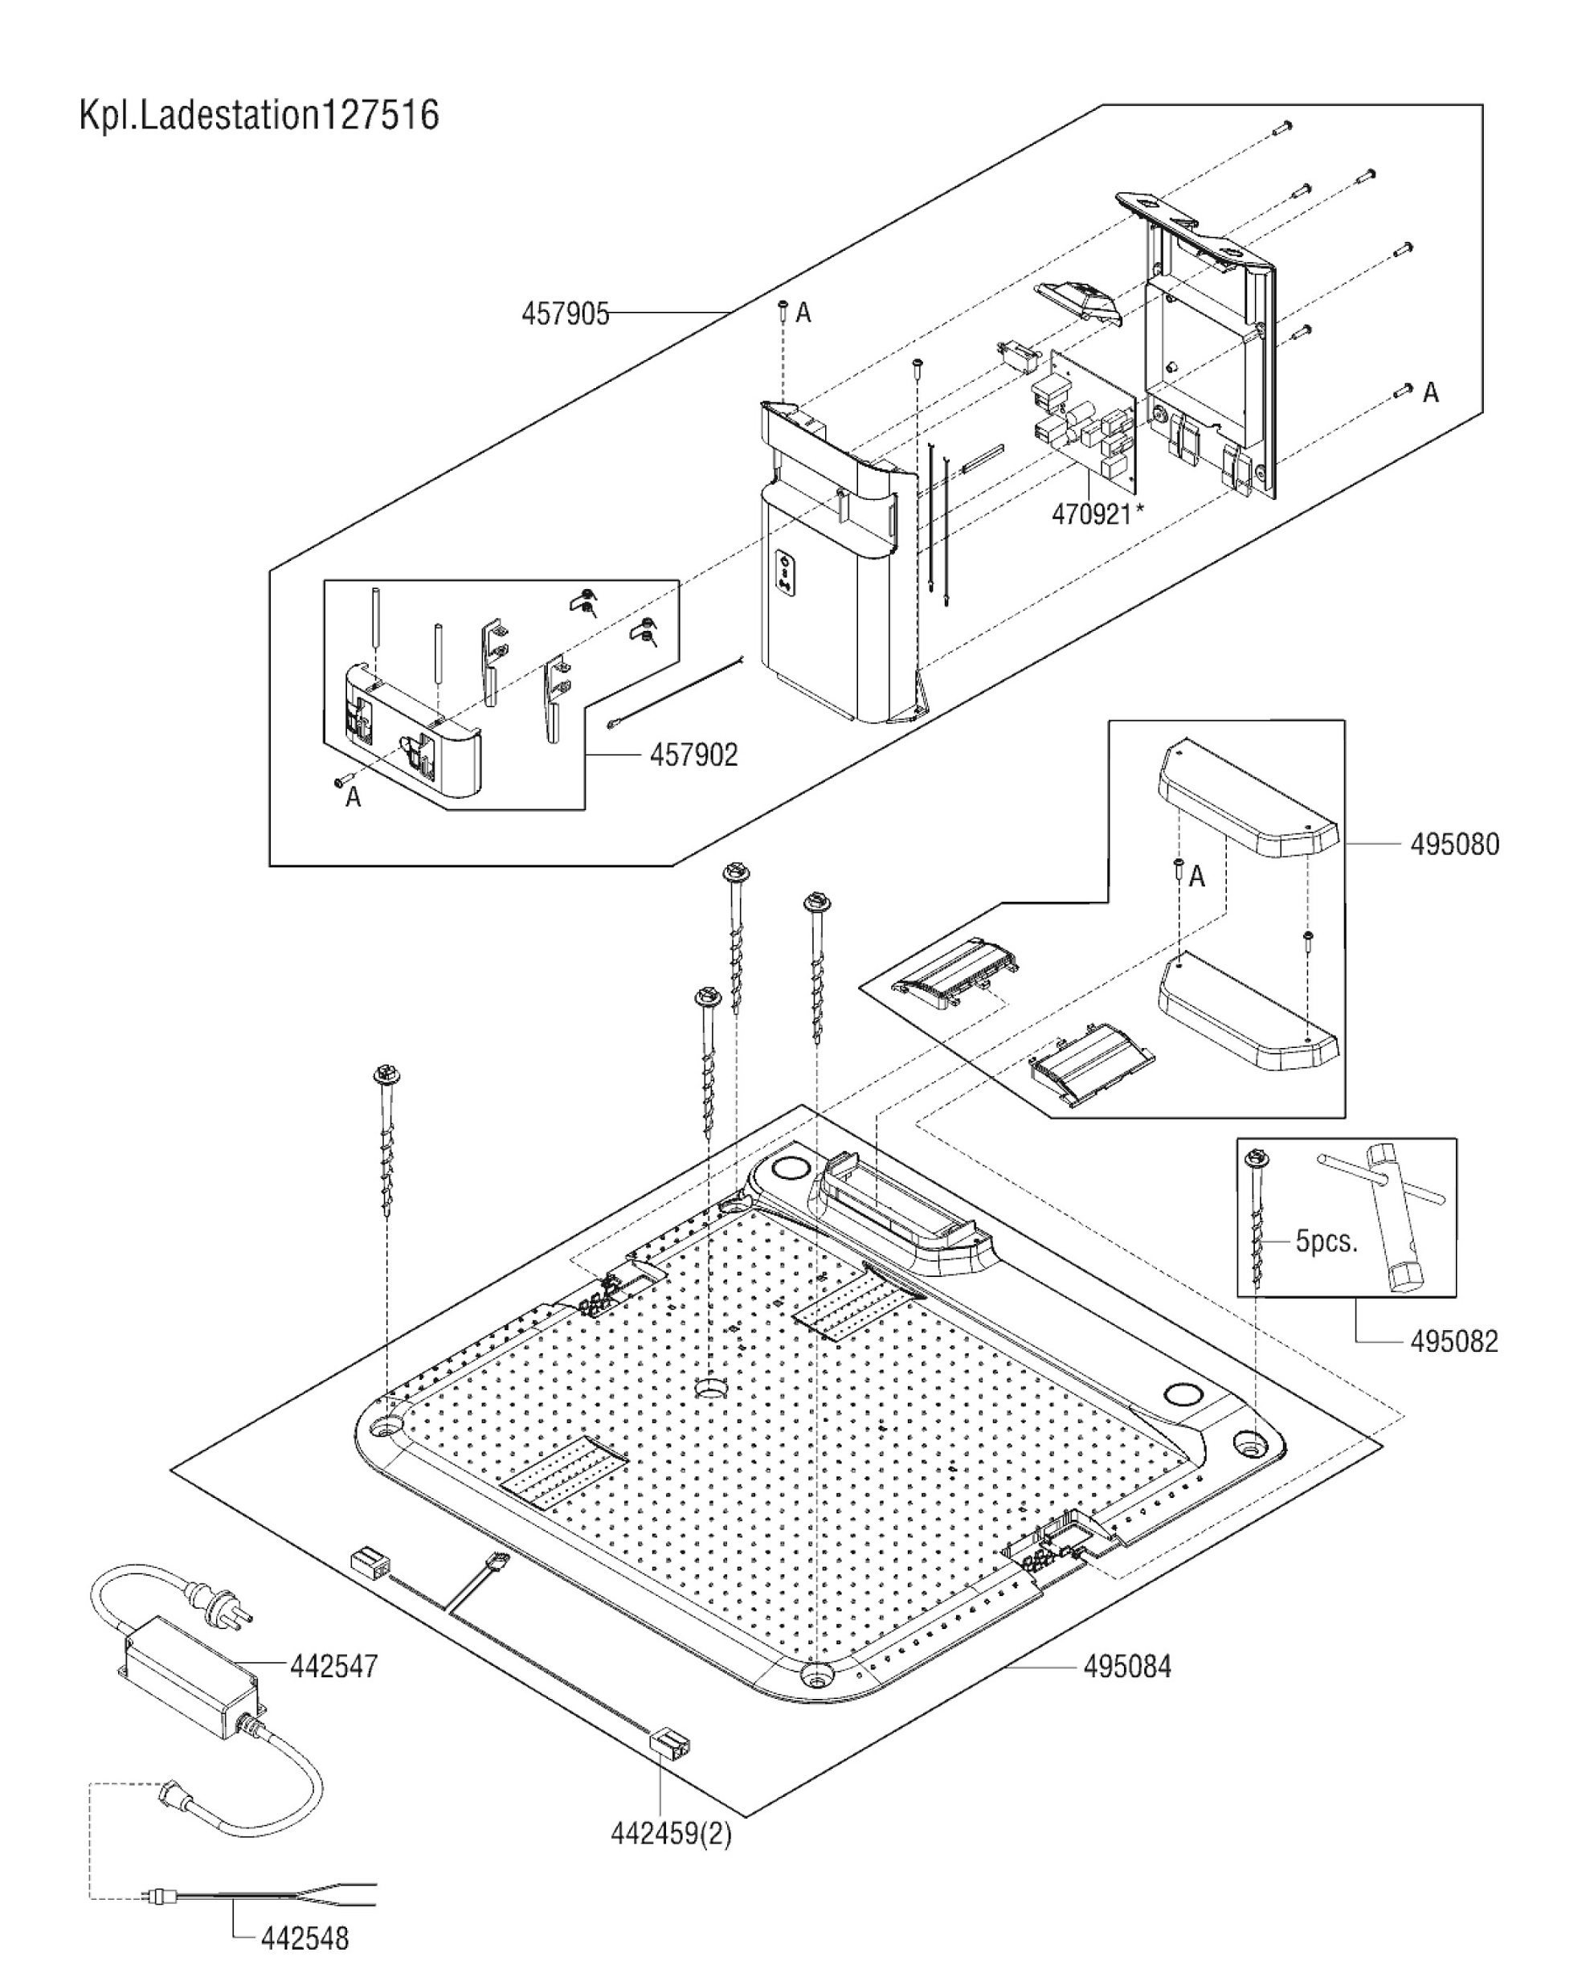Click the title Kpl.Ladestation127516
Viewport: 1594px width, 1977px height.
point(259,117)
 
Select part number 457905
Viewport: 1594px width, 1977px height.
point(565,314)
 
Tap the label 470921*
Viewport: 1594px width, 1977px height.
point(1098,514)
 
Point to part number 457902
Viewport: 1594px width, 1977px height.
point(693,755)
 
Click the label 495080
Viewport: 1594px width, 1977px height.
point(1454,844)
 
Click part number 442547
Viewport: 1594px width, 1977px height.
point(333,1666)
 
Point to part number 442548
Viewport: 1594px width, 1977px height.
point(304,1938)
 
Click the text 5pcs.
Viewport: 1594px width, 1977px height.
point(1326,1242)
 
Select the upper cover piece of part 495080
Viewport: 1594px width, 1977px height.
point(1247,798)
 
